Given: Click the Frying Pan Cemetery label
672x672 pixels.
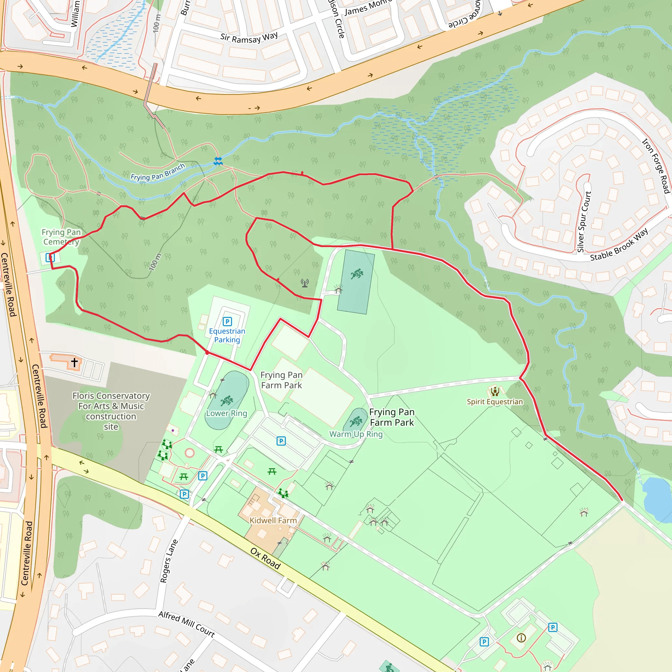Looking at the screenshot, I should point(61,237).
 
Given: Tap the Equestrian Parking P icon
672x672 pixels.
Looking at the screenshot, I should point(227,321).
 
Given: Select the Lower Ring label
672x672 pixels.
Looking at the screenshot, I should point(226,413).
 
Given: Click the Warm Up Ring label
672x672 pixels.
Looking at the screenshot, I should point(356,434).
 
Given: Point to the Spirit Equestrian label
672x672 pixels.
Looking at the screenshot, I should point(494,402).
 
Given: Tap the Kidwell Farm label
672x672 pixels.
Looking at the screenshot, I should point(273,520).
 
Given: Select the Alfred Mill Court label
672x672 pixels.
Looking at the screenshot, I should point(186,624).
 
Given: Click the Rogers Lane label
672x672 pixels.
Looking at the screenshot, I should point(169,561).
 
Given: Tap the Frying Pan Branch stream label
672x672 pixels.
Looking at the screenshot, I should point(157,172).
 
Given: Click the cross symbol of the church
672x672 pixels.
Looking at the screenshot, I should point(74,362).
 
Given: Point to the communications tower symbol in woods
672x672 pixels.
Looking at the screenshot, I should point(305,283).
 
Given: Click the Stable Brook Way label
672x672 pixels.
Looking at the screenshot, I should point(619,244).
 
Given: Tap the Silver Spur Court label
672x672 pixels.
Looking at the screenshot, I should point(584,221).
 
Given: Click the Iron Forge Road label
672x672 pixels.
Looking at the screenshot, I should point(655,166).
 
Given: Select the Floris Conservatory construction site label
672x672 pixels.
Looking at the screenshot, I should point(111,411).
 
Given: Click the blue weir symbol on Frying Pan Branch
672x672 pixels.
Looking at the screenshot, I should point(218,161).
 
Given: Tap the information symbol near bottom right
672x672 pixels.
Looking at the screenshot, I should point(521,638).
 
